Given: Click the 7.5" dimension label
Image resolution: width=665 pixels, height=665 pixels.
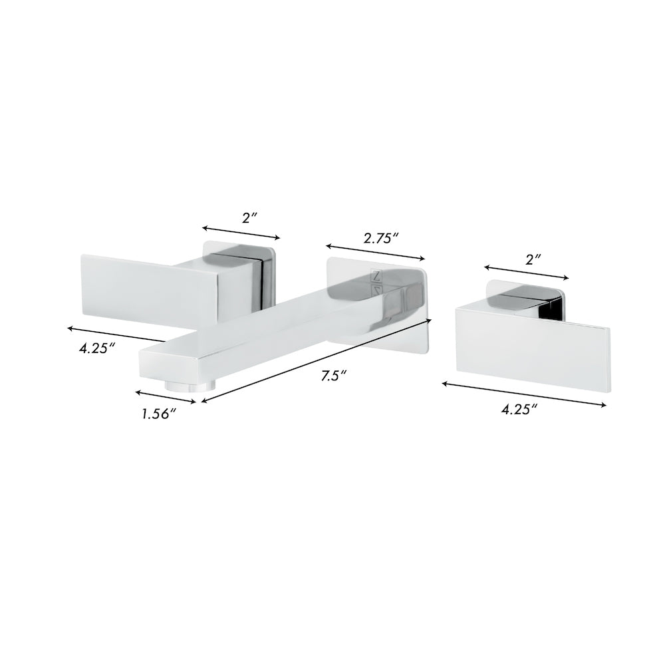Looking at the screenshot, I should point(331,376).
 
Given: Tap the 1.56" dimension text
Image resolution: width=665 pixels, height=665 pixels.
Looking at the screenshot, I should point(158,414).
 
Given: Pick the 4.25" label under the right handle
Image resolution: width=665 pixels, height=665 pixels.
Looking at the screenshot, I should point(519,410).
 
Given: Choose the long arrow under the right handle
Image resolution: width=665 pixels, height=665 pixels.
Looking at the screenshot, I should point(525,394).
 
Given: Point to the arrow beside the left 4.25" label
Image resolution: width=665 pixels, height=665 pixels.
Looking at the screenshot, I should point(117,334).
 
